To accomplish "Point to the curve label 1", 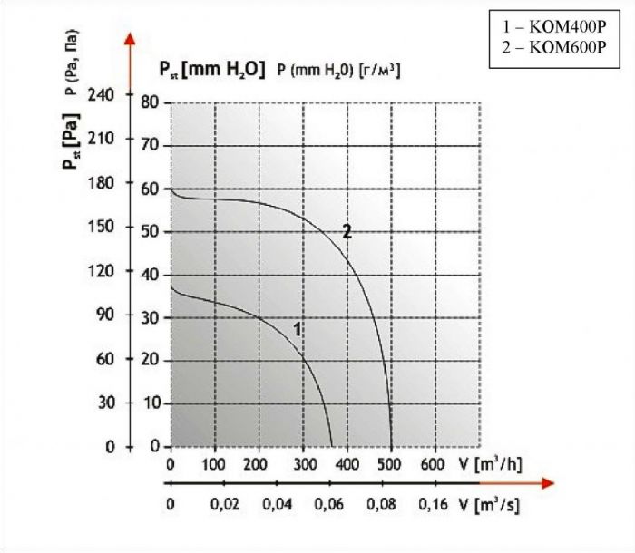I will point(297,329).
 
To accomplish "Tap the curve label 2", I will point(347,231).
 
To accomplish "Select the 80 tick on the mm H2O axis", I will point(151,103).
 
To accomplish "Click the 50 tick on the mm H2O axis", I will point(151,232).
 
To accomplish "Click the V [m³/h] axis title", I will point(489,464).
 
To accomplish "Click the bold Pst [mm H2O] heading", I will point(211,69).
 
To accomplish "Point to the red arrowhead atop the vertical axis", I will point(130,39).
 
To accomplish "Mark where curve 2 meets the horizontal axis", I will point(391,447).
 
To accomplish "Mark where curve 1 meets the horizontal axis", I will point(331,447).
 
